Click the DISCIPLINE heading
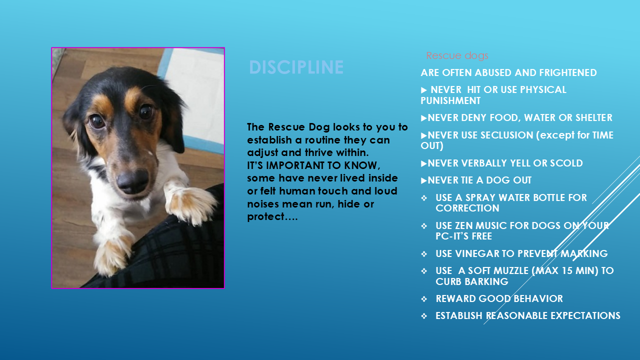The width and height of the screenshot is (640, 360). (x=296, y=67)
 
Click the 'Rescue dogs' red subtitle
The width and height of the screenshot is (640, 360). (x=457, y=55)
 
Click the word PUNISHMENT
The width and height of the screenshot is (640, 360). (x=450, y=100)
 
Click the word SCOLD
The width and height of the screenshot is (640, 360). (x=566, y=163)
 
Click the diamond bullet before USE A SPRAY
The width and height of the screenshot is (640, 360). (x=424, y=198)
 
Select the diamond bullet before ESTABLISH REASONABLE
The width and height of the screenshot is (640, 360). (x=424, y=316)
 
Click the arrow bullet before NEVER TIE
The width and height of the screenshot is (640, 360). (x=424, y=180)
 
